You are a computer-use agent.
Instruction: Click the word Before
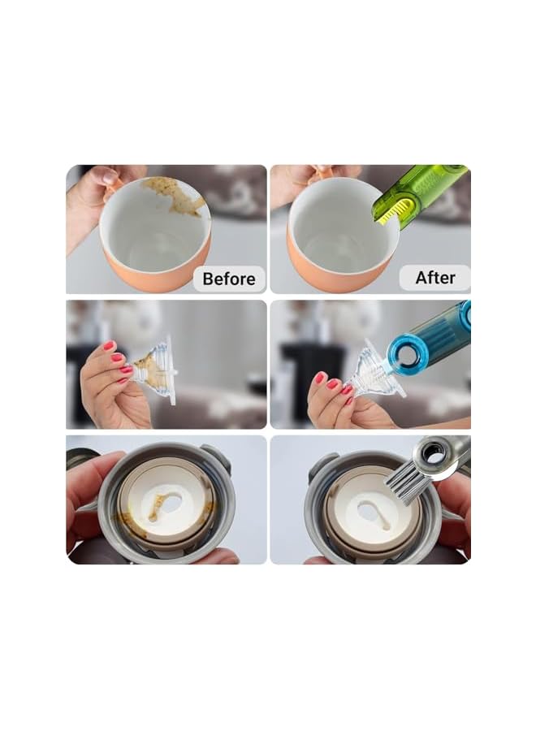click(x=228, y=279)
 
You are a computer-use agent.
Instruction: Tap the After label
click(x=434, y=278)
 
